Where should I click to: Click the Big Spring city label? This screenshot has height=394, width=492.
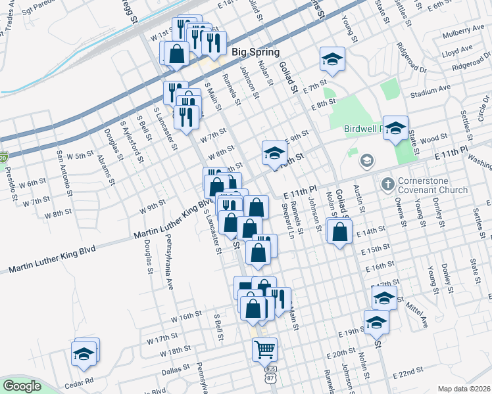(255, 53)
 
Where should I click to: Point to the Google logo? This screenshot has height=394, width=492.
(22, 386)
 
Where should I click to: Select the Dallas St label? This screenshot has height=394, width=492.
(176, 370)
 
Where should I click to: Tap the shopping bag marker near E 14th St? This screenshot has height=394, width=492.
(339, 232)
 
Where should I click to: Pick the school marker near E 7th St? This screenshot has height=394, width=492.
(333, 60)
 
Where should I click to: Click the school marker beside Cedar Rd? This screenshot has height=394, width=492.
(86, 353)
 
